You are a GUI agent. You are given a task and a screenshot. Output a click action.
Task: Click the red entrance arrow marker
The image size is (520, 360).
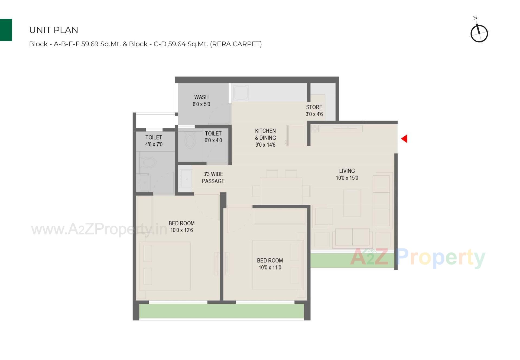pyautogui.click(x=404, y=139)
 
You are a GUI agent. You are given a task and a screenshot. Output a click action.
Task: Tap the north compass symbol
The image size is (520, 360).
pyautogui.click(x=479, y=33)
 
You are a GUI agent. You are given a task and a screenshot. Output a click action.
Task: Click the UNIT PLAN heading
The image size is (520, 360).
pyautogui.click(x=54, y=30)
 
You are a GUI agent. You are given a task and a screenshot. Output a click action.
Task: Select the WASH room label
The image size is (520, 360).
pyautogui.click(x=201, y=101)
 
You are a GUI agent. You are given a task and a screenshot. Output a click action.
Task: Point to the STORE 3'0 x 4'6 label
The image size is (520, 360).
pyautogui.click(x=314, y=111)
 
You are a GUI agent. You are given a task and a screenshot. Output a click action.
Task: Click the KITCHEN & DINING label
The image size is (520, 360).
pyautogui.click(x=265, y=138)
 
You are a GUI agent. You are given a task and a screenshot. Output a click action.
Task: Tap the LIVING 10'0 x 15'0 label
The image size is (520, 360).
pyautogui.click(x=347, y=174)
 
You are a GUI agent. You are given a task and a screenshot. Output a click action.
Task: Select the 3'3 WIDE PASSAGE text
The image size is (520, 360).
pyautogui.click(x=213, y=178)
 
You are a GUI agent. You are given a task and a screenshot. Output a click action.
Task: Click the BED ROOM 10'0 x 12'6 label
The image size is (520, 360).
pyautogui.click(x=181, y=227)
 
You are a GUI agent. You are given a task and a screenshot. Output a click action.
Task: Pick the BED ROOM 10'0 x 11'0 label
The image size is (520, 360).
pyautogui.click(x=270, y=264)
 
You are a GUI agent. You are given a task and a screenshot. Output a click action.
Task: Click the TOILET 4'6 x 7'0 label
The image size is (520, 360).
pyautogui.click(x=154, y=141)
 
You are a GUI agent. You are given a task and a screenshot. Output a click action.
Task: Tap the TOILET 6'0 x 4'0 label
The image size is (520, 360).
pyautogui.click(x=213, y=137)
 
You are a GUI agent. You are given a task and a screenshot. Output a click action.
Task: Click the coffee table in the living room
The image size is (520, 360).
pyautogui.click(x=352, y=203)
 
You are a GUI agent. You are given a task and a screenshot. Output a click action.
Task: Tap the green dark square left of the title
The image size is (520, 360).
pyautogui.click(x=6, y=30)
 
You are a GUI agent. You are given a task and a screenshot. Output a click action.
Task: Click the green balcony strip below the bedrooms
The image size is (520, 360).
pyautogui.click(x=221, y=311)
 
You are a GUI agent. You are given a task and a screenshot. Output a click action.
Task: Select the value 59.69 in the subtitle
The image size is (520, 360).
pyautogui.click(x=90, y=44)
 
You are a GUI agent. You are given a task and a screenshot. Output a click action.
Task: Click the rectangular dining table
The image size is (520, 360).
pyautogui.click(x=281, y=191)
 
